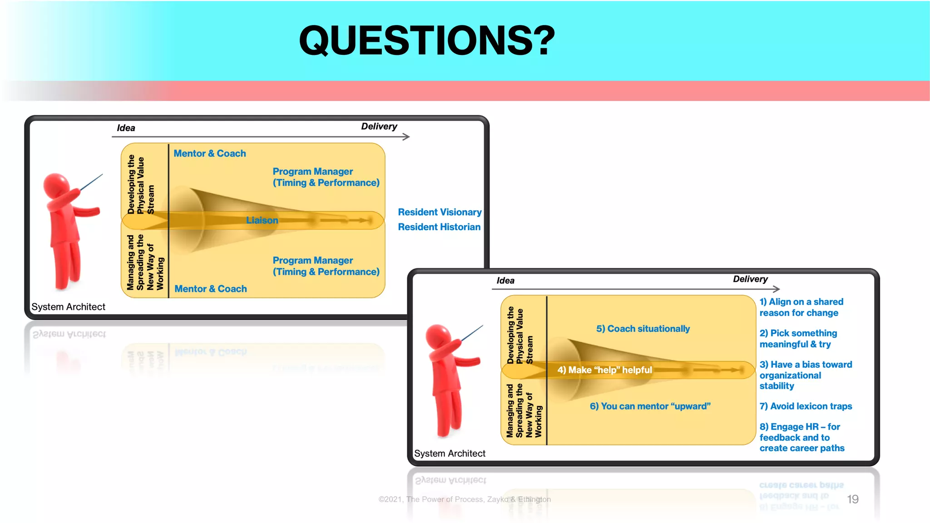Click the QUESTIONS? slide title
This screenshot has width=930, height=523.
tap(427, 41)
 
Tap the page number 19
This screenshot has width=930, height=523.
tap(852, 499)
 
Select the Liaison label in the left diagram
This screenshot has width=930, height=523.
tap(262, 220)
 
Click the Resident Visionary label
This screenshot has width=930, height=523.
tap(440, 212)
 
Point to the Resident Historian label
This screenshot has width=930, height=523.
tap(439, 227)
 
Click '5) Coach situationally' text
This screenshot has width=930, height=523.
tap(643, 329)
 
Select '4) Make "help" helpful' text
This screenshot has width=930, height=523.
tap(604, 370)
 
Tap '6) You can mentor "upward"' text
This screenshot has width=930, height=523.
tap(650, 406)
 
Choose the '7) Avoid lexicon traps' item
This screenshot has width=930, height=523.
tap(806, 406)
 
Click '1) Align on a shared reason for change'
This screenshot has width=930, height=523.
tap(801, 307)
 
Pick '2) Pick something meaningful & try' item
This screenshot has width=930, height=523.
tap(798, 339)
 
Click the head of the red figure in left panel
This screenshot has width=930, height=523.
tap(56, 185)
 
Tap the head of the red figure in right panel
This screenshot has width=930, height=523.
tap(438, 336)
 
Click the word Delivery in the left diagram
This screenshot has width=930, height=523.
tap(379, 127)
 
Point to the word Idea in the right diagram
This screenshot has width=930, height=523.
tap(505, 281)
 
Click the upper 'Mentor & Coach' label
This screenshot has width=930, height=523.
tap(210, 153)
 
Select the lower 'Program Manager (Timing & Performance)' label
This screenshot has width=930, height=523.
tap(326, 266)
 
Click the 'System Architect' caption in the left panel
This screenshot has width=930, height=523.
tap(68, 307)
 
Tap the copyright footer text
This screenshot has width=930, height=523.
tap(465, 499)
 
